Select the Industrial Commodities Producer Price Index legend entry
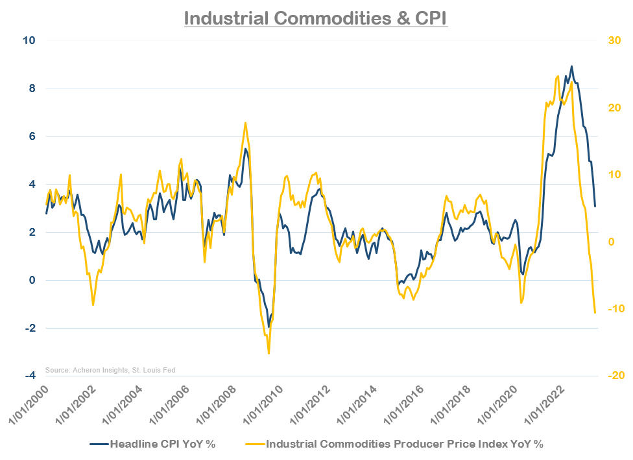(x=395, y=444)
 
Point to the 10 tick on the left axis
(x=29, y=40)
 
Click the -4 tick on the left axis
(x=29, y=376)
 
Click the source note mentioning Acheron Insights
(x=110, y=370)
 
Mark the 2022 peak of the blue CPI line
(x=571, y=66)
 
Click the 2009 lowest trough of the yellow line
(x=269, y=353)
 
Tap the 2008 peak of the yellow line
(x=245, y=122)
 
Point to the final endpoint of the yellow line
(x=595, y=313)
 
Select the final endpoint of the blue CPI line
(x=595, y=207)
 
